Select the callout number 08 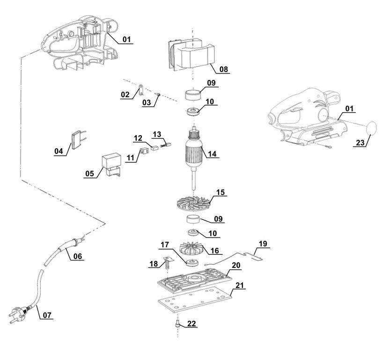[224, 69]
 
